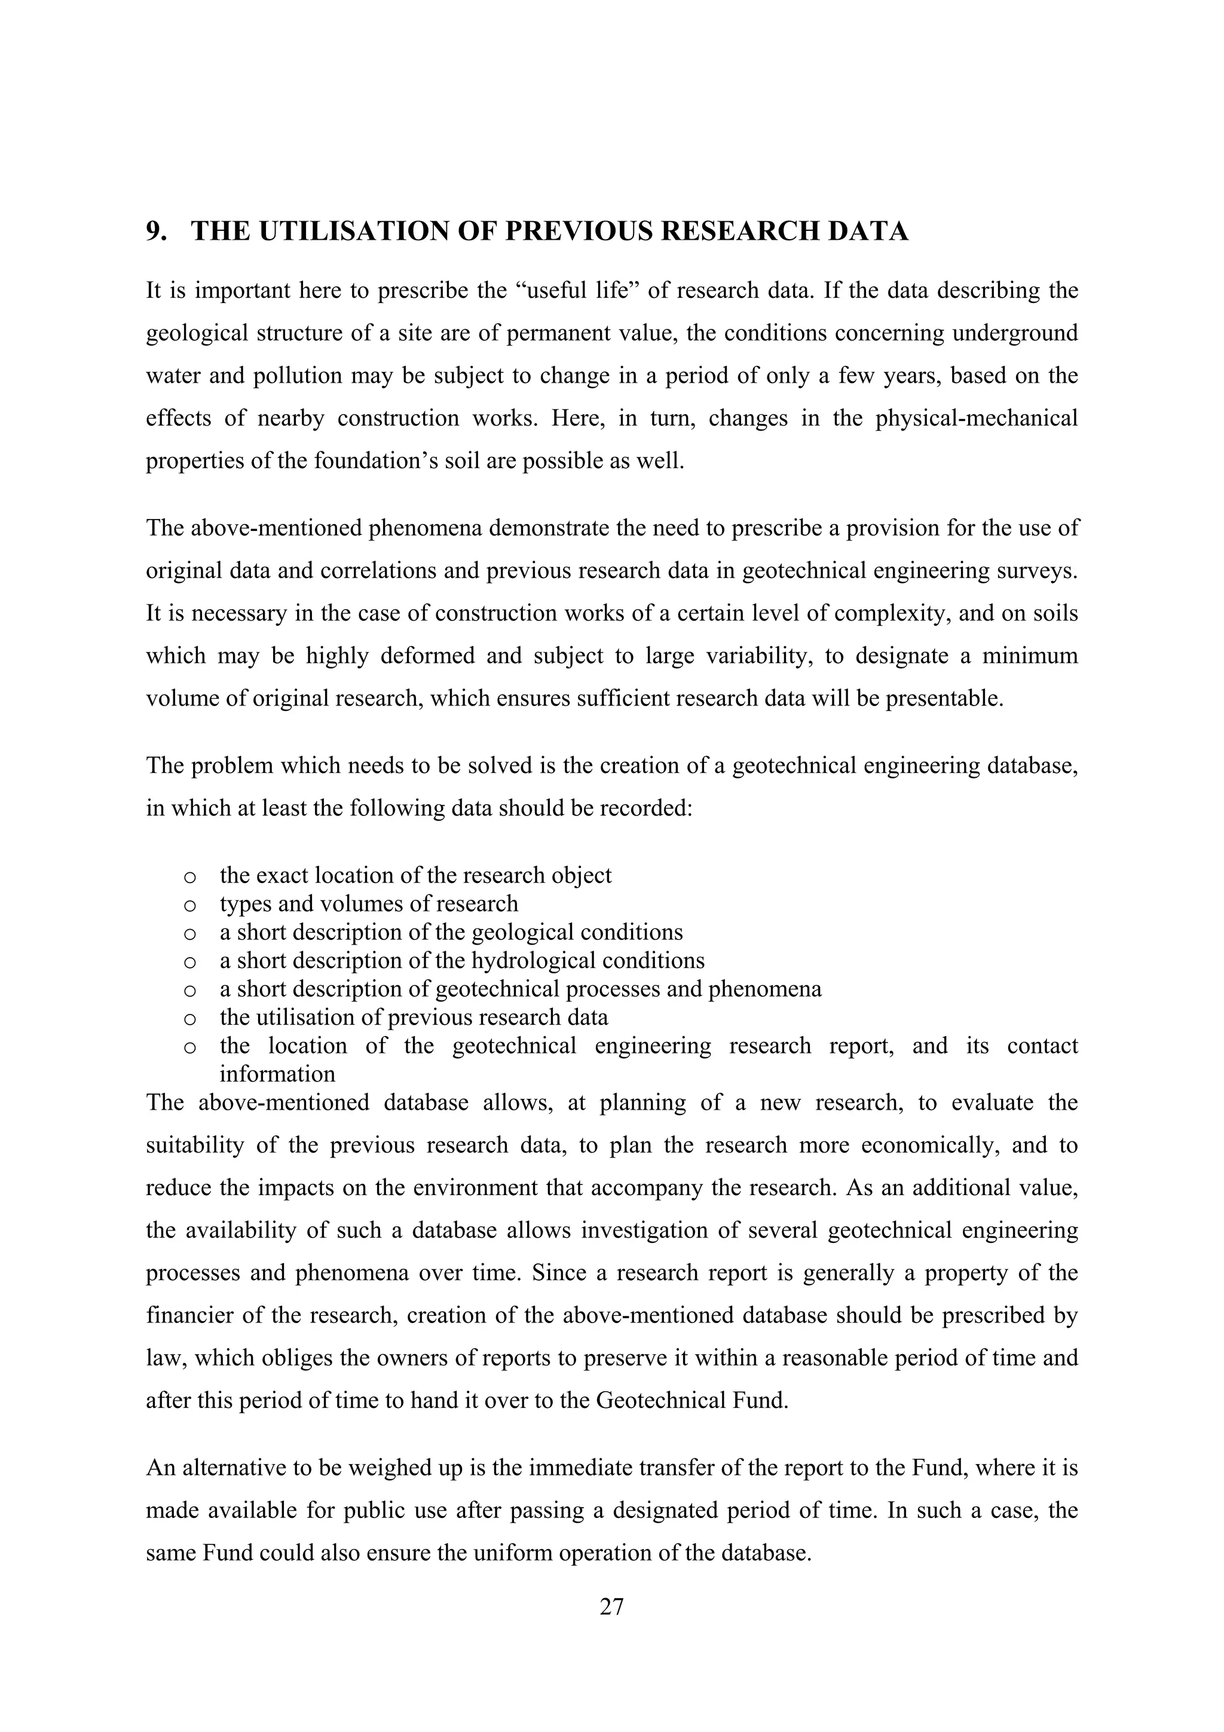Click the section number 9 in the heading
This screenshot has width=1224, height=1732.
(x=154, y=231)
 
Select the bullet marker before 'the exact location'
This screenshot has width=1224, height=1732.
(x=190, y=877)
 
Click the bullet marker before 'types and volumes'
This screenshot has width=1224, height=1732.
(x=190, y=905)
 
